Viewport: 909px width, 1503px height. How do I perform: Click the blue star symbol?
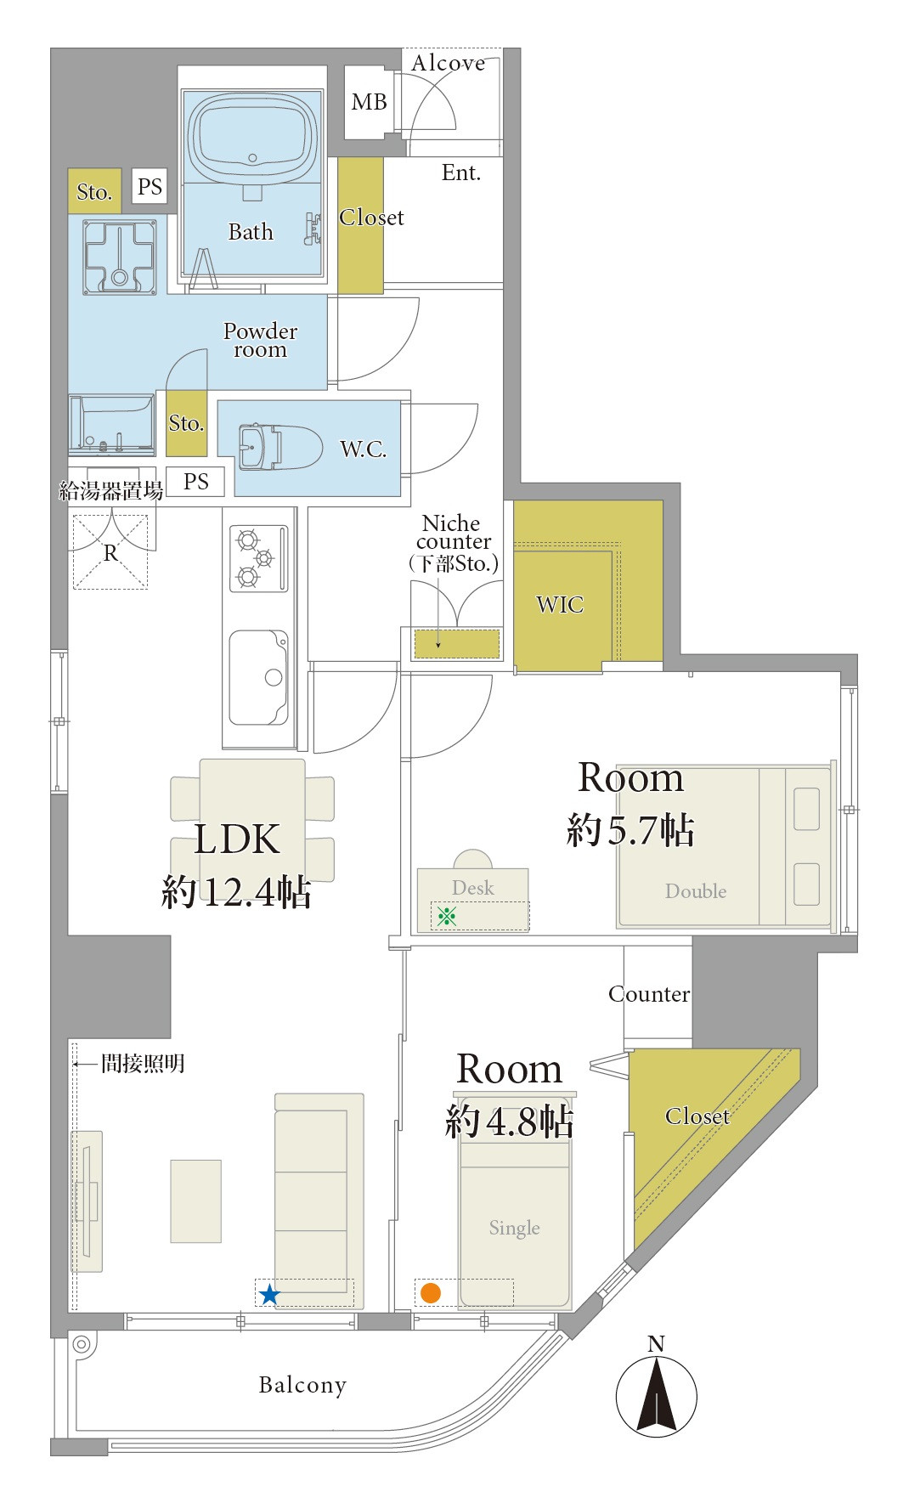click(x=269, y=1294)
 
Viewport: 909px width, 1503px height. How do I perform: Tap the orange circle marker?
click(x=431, y=1293)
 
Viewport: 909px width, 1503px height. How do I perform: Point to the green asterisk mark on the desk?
click(x=447, y=915)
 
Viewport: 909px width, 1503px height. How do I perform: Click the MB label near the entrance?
click(x=370, y=102)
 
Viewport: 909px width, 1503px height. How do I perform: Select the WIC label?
click(x=560, y=605)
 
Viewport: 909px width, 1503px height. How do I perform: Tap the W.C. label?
click(x=364, y=449)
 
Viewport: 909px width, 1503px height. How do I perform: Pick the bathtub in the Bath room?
click(x=252, y=138)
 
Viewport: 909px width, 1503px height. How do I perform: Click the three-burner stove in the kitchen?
click(x=259, y=558)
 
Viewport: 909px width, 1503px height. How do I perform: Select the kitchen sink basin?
click(x=258, y=677)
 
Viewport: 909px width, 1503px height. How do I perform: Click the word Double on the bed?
click(x=696, y=891)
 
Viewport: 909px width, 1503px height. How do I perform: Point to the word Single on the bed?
click(x=515, y=1228)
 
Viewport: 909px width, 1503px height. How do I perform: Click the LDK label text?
click(x=237, y=839)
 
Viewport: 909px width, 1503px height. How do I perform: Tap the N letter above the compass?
click(x=656, y=1343)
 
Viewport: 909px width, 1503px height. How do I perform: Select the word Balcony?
click(x=302, y=1385)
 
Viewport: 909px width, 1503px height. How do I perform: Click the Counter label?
click(x=649, y=994)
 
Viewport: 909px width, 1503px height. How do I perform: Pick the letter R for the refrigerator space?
click(x=110, y=553)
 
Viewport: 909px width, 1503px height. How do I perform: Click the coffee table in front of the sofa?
click(x=196, y=1201)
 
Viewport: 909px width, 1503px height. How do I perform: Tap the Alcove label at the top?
click(x=449, y=63)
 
